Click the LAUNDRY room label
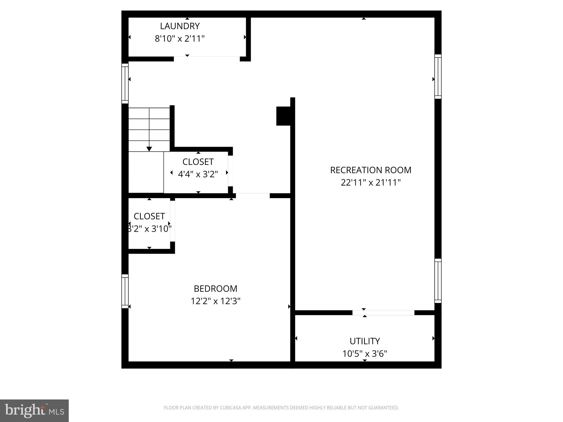(180, 26)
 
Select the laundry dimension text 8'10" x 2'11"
(180, 39)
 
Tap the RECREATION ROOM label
(371, 170)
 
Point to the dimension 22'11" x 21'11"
(371, 183)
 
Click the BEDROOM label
(216, 289)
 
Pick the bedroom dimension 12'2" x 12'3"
(216, 301)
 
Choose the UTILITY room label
(365, 341)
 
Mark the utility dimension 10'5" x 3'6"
(365, 354)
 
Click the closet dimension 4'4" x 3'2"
(198, 174)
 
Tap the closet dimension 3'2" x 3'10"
(149, 229)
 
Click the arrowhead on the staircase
(149, 149)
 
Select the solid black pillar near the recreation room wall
(283, 116)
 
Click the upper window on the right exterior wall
(438, 77)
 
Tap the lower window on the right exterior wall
(438, 281)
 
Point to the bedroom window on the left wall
(125, 291)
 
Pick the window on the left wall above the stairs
(125, 84)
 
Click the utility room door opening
(383, 313)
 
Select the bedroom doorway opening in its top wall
(253, 195)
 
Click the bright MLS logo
(34, 410)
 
